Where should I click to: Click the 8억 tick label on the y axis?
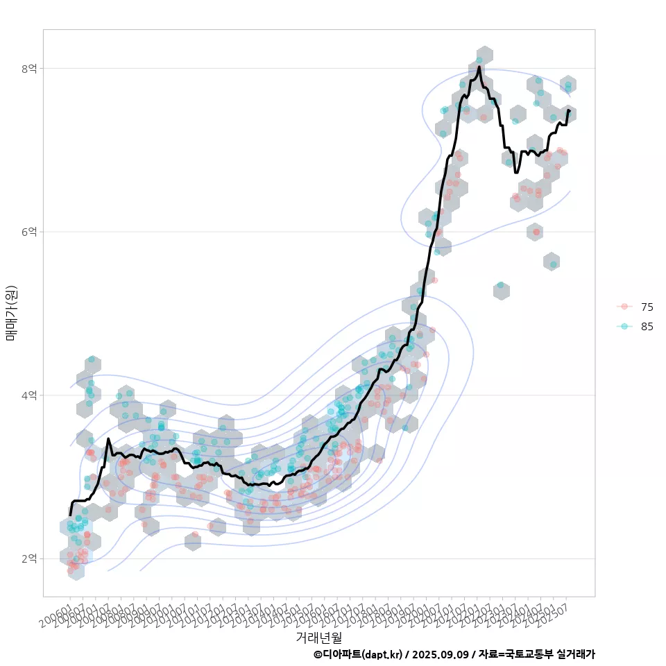click(x=29, y=68)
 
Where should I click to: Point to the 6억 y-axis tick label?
click(x=29, y=232)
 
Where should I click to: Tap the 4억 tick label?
click(x=29, y=395)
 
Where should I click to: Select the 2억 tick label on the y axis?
click(x=29, y=558)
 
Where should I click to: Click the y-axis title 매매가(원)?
click(x=11, y=312)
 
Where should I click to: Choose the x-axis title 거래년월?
click(x=318, y=636)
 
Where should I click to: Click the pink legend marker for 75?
click(x=624, y=307)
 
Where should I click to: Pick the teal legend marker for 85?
click(x=624, y=327)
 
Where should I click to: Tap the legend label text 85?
click(x=647, y=327)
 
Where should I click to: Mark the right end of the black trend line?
click(x=569, y=110)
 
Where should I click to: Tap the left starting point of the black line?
click(x=70, y=515)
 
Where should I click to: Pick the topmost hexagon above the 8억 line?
click(x=485, y=55)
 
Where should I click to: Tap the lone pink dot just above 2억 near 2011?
click(x=195, y=535)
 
